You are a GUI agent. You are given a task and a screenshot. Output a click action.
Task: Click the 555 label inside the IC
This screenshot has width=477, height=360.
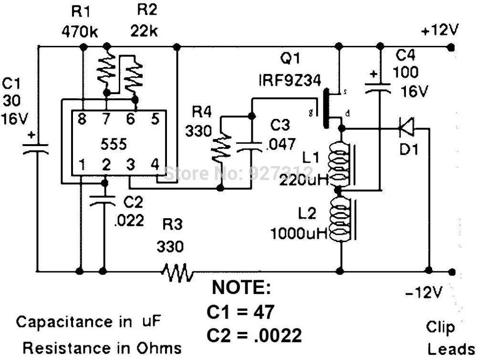click(x=114, y=144)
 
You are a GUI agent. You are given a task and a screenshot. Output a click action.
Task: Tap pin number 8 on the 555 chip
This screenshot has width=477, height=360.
click(x=82, y=118)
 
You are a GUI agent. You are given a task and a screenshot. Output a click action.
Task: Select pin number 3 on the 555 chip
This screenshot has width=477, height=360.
click(x=131, y=164)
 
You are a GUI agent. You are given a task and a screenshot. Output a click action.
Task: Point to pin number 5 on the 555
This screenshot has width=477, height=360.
click(x=155, y=118)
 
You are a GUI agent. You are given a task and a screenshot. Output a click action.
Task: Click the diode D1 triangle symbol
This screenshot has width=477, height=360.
click(x=407, y=129)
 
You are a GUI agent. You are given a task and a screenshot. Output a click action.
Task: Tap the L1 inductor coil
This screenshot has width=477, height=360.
click(x=339, y=164)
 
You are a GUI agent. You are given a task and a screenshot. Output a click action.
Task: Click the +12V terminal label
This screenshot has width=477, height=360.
click(x=440, y=30)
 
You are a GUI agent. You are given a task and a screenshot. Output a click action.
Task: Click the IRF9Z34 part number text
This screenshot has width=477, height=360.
click(x=290, y=80)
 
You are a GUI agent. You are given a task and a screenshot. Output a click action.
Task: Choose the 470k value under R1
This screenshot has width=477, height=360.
click(x=80, y=32)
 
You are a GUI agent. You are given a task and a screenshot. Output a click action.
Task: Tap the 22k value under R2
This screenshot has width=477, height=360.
click(x=144, y=31)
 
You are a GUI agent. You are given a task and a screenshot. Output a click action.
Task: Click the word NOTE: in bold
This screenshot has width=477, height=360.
click(x=241, y=287)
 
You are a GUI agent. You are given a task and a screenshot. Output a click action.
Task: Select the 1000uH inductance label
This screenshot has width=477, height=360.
click(x=299, y=233)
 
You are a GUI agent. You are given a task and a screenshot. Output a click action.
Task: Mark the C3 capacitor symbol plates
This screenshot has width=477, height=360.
click(x=249, y=146)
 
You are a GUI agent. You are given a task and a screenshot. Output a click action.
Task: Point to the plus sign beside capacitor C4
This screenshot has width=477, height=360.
click(x=373, y=74)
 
